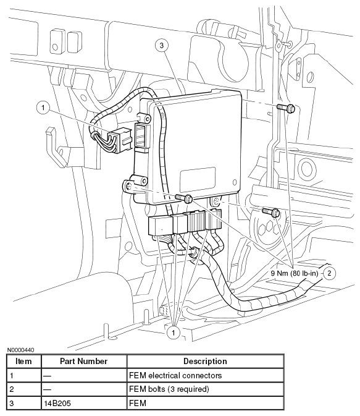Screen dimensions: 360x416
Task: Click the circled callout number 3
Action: (162, 45)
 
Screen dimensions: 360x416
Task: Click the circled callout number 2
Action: (329, 273)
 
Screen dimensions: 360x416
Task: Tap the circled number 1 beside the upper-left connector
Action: (43, 108)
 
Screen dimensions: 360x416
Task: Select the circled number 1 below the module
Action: (174, 333)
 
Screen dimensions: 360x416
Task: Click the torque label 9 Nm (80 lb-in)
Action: (295, 273)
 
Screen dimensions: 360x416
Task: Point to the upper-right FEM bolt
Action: (286, 108)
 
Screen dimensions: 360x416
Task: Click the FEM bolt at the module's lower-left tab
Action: (184, 198)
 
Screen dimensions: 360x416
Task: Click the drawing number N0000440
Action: (20, 350)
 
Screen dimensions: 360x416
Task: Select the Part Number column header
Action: (84, 362)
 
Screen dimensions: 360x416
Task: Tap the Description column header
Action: (205, 362)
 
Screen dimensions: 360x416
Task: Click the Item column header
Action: (23, 362)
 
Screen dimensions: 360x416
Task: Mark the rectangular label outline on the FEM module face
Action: (197, 179)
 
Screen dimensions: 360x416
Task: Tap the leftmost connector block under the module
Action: (161, 226)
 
